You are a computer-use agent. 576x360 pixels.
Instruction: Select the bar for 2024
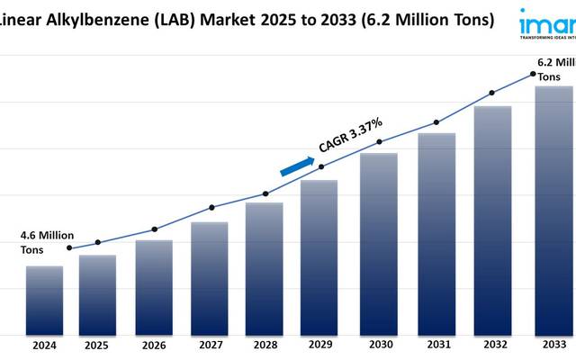tap(44, 300)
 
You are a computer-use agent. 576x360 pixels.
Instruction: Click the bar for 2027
tap(210, 277)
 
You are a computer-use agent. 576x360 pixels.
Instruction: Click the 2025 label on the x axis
tap(97, 346)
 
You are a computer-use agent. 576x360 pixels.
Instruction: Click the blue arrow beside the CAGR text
tap(296, 166)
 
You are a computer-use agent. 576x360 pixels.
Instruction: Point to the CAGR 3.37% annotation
tap(351, 135)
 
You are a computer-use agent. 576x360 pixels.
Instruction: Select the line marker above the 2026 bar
tap(154, 229)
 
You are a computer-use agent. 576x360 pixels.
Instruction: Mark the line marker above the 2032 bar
tap(491, 93)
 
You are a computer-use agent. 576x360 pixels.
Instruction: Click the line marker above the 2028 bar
tap(265, 193)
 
